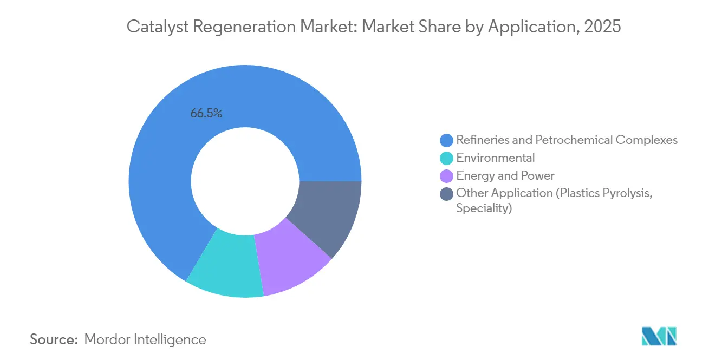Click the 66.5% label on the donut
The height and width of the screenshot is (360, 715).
[x=206, y=114]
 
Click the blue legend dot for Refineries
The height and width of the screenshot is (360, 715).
[x=446, y=140]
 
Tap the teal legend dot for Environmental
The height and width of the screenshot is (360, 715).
[x=446, y=158]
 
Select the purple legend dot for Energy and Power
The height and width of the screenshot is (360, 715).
[x=446, y=176]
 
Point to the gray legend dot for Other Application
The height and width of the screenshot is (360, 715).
[x=446, y=193]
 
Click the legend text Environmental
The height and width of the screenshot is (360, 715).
[x=495, y=158]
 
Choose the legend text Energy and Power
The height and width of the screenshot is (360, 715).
[x=505, y=175]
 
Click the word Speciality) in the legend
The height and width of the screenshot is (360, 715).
[x=484, y=208]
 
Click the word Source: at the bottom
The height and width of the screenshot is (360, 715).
[x=54, y=340]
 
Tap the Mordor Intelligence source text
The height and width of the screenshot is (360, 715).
[x=145, y=340]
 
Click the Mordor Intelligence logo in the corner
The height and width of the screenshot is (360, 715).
[x=659, y=336]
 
